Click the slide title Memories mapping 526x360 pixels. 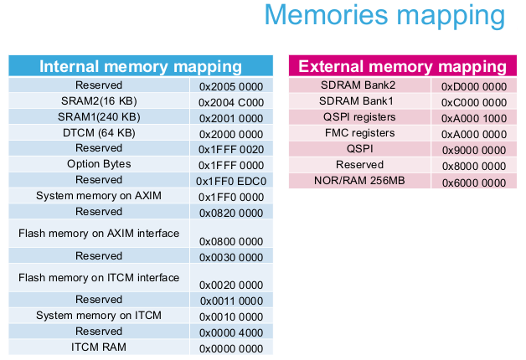click(384, 16)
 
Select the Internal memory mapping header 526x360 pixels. click(141, 66)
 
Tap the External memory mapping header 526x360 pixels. click(403, 66)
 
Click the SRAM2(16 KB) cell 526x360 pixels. click(99, 101)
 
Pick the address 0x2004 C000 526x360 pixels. click(231, 103)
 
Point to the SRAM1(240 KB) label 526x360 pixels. click(99, 117)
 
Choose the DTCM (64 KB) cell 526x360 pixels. click(99, 133)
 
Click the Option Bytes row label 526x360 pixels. click(99, 164)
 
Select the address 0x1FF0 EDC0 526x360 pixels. click(231, 182)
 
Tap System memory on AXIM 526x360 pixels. click(99, 196)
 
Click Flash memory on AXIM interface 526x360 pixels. click(99, 234)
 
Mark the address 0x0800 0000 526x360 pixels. click(231, 242)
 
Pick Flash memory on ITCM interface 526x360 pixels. click(99, 278)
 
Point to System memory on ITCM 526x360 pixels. click(99, 316)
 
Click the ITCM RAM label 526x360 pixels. click(99, 347)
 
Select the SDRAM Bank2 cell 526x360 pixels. click(358, 85)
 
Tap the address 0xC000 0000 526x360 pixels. click(474, 103)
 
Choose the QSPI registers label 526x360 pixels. click(359, 117)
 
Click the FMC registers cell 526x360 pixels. click(359, 133)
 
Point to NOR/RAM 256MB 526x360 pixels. click(359, 181)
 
